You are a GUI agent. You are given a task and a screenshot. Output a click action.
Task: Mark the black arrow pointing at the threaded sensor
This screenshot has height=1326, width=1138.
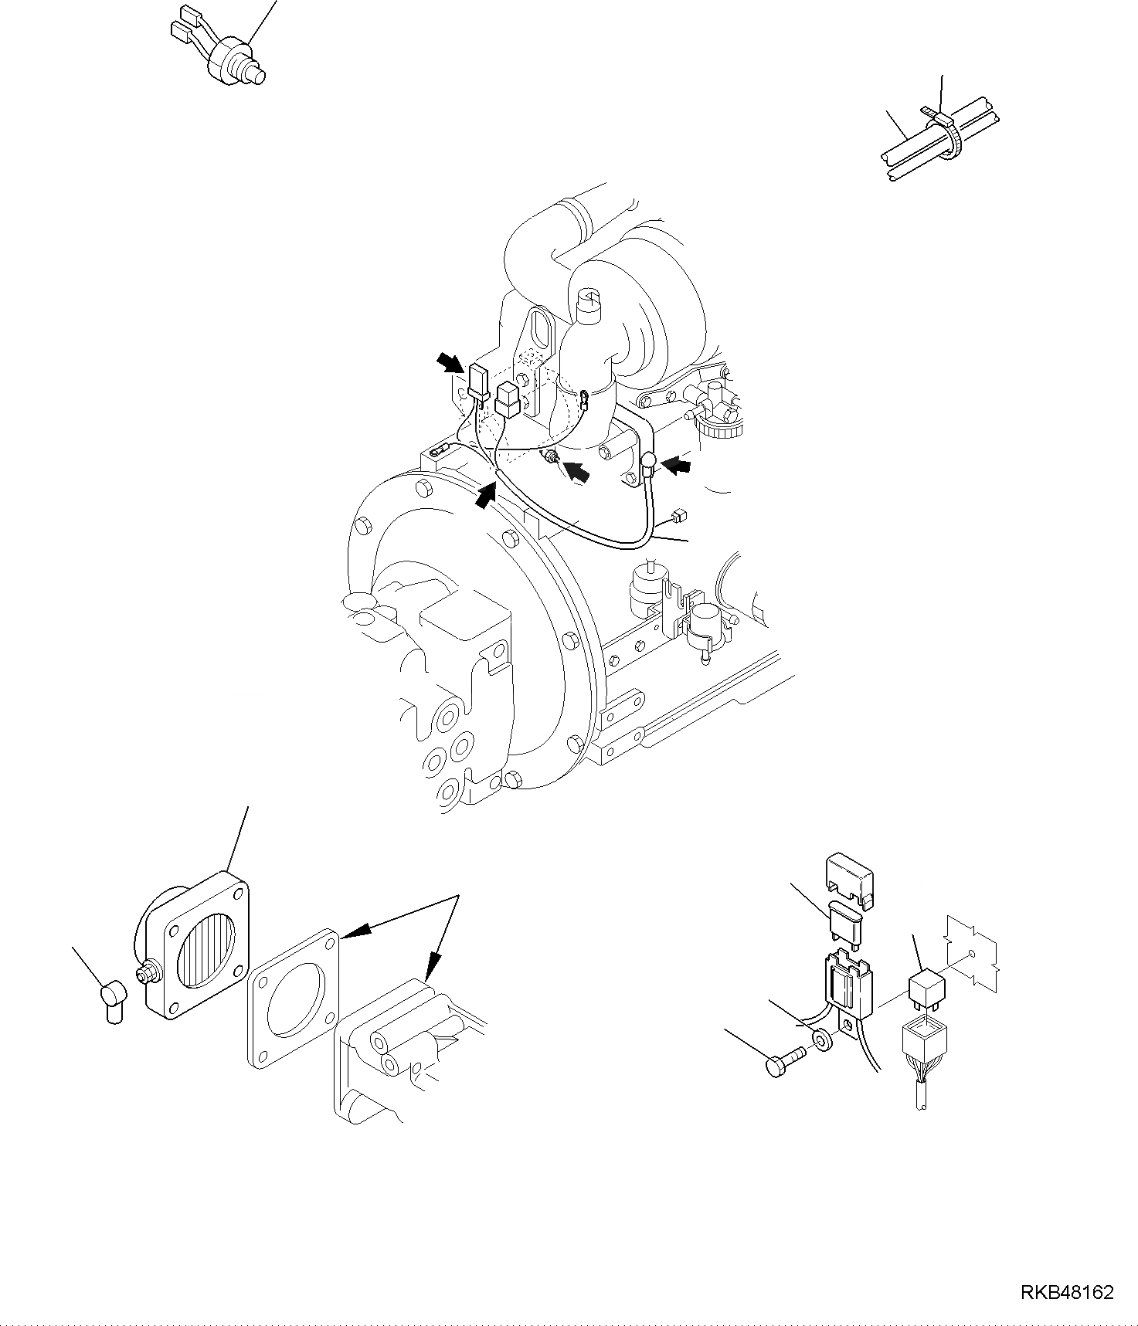[x=576, y=470]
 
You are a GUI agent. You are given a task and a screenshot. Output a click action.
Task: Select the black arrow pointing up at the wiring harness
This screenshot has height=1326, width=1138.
[x=484, y=496]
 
